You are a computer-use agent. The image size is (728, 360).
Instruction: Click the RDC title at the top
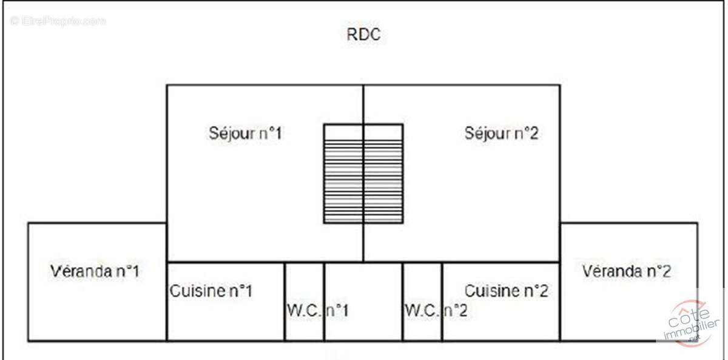click(x=363, y=35)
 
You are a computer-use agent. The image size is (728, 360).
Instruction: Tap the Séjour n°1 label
click(x=245, y=134)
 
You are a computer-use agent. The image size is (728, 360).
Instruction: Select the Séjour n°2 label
click(x=502, y=134)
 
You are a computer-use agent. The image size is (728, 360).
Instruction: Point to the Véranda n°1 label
click(x=95, y=271)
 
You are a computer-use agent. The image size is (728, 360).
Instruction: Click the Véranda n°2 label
click(x=627, y=271)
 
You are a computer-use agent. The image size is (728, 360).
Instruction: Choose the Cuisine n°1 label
click(x=211, y=291)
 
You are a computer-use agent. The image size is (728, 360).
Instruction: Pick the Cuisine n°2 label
click(x=507, y=291)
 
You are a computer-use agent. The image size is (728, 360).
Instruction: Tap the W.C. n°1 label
click(x=317, y=310)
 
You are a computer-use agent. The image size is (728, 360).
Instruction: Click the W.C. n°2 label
click(x=436, y=310)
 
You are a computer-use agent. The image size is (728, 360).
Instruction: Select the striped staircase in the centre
click(x=363, y=174)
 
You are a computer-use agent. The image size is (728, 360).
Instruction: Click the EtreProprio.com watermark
click(x=58, y=21)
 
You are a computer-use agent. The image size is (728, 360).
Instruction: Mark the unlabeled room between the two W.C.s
click(x=363, y=302)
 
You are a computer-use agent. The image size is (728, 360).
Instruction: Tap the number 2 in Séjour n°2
click(x=533, y=134)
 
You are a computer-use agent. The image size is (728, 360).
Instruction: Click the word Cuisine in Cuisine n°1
click(x=198, y=291)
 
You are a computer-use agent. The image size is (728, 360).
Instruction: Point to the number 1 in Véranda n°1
click(x=135, y=271)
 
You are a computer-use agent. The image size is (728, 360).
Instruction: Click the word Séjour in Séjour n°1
click(x=232, y=134)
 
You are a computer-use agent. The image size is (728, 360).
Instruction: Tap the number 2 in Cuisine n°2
click(x=543, y=291)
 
